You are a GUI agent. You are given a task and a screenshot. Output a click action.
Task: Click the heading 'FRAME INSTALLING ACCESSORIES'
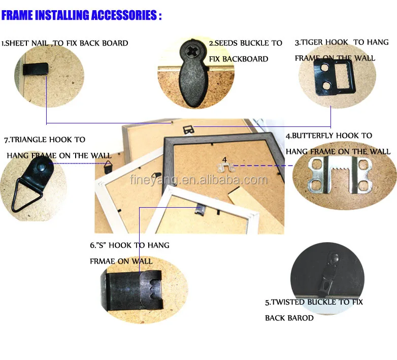(81, 15)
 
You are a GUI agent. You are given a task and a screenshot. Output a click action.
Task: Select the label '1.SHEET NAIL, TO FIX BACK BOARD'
(64, 43)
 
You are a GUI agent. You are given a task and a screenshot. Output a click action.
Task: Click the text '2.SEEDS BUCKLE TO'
(246, 43)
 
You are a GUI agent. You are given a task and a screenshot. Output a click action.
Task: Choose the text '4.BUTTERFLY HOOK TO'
(329, 136)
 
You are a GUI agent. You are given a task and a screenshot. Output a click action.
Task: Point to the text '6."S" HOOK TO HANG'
(129, 245)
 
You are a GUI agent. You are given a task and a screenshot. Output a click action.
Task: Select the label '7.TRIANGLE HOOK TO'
(45, 139)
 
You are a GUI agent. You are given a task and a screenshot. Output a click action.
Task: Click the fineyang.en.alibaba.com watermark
(198, 180)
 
